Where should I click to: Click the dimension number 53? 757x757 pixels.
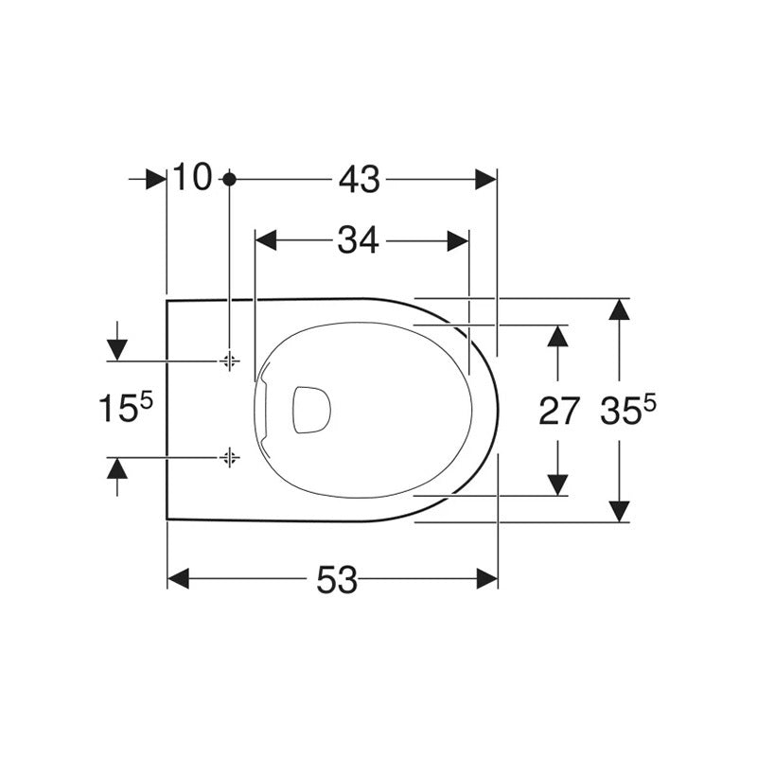pos(337,579)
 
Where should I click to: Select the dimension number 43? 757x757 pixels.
pos(360,180)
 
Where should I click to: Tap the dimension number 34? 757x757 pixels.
pos(358,240)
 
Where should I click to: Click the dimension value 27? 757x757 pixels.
pos(558,411)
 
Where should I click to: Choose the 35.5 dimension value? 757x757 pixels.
pos(628,410)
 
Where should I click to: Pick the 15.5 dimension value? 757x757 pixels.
pos(125,408)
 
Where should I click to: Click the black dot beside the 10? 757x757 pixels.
pos(230,180)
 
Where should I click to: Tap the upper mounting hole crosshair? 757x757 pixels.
pos(230,361)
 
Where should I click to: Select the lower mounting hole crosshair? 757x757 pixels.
pos(230,457)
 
